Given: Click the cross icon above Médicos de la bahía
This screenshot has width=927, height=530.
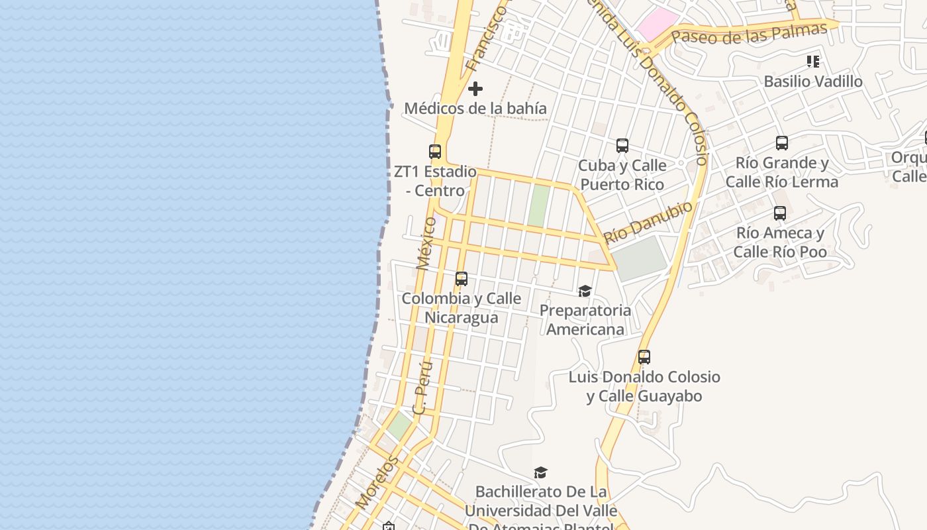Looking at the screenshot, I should pyautogui.click(x=475, y=89).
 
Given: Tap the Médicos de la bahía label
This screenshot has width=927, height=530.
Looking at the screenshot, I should pyautogui.click(x=475, y=108).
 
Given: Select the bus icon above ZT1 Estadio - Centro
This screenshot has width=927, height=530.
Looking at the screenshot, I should pyautogui.click(x=435, y=152).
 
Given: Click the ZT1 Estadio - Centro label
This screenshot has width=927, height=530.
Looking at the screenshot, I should pyautogui.click(x=435, y=181).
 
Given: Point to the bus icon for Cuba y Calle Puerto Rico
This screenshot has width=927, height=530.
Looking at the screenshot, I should pyautogui.click(x=622, y=146).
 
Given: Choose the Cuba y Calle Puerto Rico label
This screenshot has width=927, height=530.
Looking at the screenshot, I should pyautogui.click(x=622, y=175).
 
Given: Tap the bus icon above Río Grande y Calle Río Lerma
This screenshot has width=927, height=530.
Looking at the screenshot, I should pyautogui.click(x=782, y=143).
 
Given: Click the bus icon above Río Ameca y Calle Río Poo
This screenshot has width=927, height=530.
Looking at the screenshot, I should pyautogui.click(x=780, y=213).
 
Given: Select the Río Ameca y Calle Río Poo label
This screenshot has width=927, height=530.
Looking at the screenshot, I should pyautogui.click(x=780, y=242).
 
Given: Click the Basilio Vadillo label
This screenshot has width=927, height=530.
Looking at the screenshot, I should pyautogui.click(x=813, y=81).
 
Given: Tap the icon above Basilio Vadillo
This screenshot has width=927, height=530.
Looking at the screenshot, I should pyautogui.click(x=813, y=62).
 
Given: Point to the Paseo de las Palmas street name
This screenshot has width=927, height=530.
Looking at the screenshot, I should pyautogui.click(x=750, y=33).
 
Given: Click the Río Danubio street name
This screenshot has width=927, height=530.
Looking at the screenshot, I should pyautogui.click(x=648, y=222).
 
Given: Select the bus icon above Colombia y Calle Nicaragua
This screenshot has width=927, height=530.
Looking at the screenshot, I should pyautogui.click(x=462, y=279).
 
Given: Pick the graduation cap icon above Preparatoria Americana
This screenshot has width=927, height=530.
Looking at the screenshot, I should pyautogui.click(x=585, y=291).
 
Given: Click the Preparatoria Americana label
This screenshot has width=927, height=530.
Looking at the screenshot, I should pyautogui.click(x=585, y=320).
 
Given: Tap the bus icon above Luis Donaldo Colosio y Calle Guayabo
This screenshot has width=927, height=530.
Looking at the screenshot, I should pyautogui.click(x=644, y=357).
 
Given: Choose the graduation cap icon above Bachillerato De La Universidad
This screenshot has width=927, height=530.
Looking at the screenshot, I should pyautogui.click(x=541, y=472).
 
